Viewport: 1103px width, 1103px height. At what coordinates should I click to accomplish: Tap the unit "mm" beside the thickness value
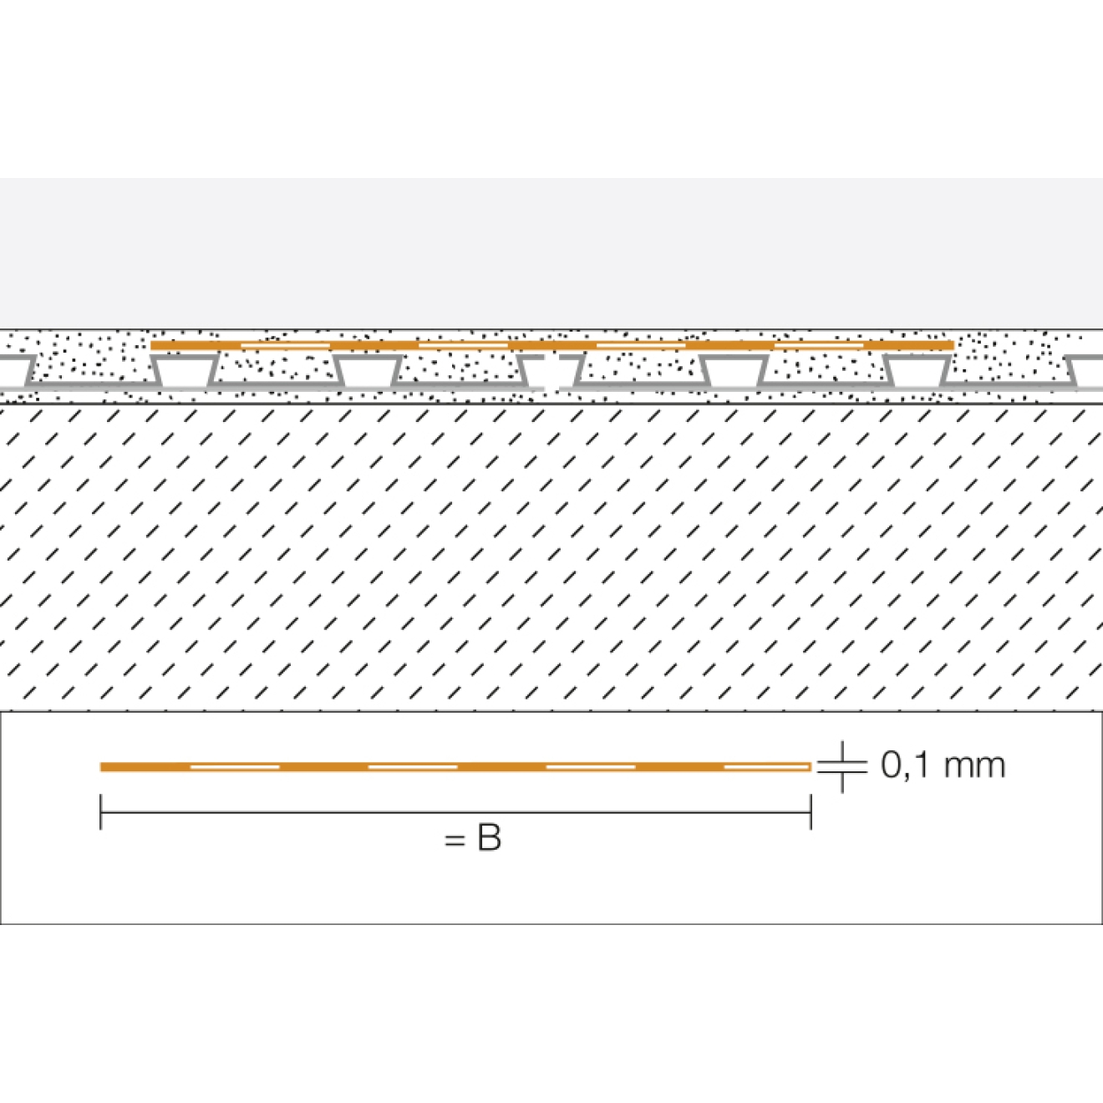974,767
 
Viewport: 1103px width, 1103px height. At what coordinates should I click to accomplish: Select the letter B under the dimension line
488,839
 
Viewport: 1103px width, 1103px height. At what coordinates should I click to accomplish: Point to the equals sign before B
454,841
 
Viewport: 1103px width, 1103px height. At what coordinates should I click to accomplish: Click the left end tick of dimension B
101,811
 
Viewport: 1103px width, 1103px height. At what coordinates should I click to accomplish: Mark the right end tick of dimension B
811,811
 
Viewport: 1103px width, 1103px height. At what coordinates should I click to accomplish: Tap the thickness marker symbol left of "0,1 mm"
841,767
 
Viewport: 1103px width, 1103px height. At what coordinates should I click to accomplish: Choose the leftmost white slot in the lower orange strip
235,767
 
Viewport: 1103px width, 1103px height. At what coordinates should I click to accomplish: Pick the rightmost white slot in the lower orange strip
767,767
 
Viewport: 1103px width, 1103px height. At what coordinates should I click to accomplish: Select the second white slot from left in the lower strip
413,767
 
